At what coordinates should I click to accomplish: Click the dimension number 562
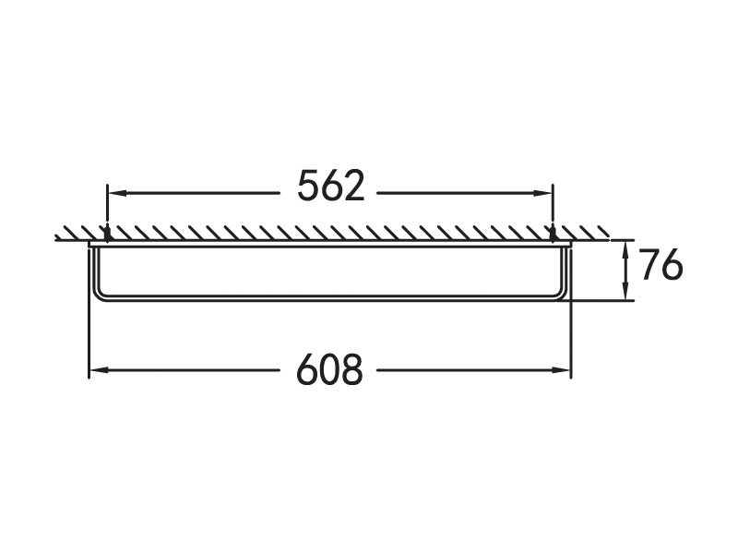[331, 186]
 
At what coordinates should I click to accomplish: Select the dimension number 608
[330, 369]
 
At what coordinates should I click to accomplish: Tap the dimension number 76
[661, 265]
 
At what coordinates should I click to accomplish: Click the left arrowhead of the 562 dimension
[116, 193]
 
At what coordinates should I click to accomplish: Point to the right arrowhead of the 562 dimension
[544, 193]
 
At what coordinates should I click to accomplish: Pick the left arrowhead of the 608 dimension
[97, 370]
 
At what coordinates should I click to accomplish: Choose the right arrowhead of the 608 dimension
[562, 370]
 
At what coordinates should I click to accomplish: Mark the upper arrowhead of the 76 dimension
[625, 248]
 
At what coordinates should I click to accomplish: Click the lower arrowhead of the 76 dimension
[625, 292]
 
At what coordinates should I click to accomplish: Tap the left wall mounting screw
[107, 234]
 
